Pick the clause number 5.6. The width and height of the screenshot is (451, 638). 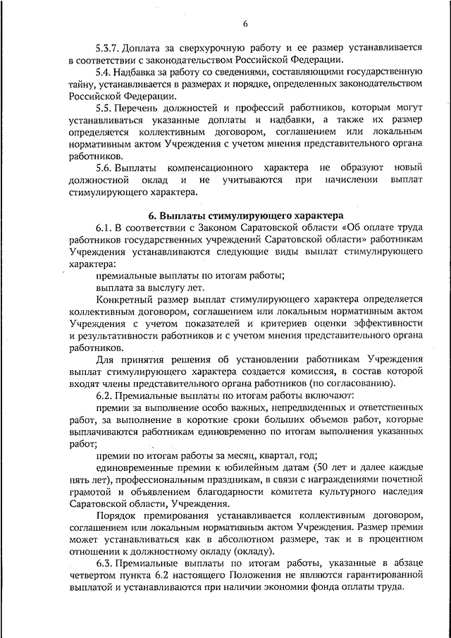click(x=104, y=168)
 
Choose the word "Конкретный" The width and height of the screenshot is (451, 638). click(x=123, y=299)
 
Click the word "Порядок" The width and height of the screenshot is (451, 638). click(x=118, y=517)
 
